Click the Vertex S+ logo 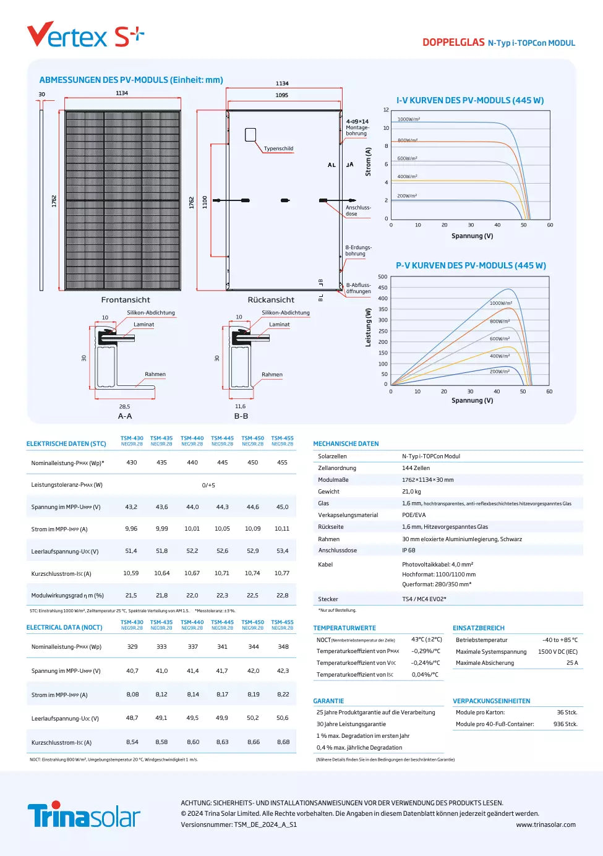coord(85,36)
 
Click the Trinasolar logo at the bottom coord(83,815)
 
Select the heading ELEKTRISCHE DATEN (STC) coord(66,443)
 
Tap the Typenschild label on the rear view coord(278,148)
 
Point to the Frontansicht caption coord(126,300)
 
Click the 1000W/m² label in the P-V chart coord(500,303)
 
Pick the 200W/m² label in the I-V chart coord(407,196)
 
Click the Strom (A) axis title coord(369,161)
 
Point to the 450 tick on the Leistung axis coord(383,288)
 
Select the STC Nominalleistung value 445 coord(223,463)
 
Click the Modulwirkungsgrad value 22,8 coord(282,595)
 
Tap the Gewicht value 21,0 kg coord(411,492)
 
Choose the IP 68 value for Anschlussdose coord(409,550)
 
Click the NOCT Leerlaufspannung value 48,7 coord(132,718)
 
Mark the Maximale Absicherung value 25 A coord(572,663)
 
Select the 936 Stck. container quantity coord(565,724)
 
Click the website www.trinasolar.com coord(545,824)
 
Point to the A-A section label coord(125,416)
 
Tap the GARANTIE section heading coord(328,701)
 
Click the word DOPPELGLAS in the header coord(453,43)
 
